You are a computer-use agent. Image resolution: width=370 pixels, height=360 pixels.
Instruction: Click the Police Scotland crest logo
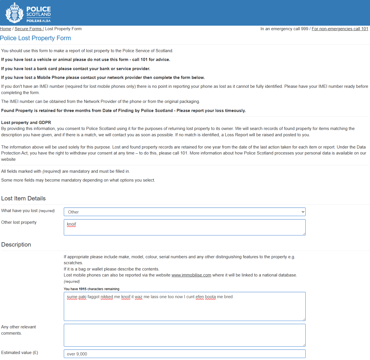click(x=14, y=13)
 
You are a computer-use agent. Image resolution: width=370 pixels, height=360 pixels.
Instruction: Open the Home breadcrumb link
click(x=5, y=29)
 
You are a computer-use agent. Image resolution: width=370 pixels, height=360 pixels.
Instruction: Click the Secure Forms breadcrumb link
click(x=28, y=29)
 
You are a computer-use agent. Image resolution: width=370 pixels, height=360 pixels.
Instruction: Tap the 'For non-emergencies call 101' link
click(x=340, y=29)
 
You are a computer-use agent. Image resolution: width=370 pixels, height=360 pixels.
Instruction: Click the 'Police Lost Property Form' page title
click(x=35, y=38)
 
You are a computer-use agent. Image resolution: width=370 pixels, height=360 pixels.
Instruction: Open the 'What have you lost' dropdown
click(x=184, y=212)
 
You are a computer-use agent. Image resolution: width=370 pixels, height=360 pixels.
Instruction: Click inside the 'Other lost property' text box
click(x=184, y=227)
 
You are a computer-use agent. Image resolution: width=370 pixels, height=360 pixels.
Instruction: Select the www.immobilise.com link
click(x=191, y=275)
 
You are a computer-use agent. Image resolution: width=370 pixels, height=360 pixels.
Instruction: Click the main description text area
click(x=184, y=306)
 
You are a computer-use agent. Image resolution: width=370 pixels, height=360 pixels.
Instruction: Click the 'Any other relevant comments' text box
click(x=184, y=335)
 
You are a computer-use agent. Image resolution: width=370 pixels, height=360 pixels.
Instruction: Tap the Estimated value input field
click(x=184, y=354)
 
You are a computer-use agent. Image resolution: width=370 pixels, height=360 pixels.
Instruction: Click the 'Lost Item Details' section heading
click(x=23, y=198)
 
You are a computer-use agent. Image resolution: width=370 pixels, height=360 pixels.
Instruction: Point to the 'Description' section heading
click(x=16, y=245)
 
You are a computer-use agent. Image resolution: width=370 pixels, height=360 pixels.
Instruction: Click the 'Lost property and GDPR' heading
click(x=26, y=123)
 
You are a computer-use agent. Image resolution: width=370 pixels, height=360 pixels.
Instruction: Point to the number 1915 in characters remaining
click(x=83, y=289)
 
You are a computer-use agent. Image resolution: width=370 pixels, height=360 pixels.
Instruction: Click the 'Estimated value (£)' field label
click(x=19, y=353)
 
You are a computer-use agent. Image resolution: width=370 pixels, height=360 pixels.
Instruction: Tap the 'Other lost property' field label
click(x=19, y=222)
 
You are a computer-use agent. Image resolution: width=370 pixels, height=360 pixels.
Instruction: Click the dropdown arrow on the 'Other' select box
click(x=303, y=212)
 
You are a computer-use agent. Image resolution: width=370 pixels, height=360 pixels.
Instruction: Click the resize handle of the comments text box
click(x=304, y=345)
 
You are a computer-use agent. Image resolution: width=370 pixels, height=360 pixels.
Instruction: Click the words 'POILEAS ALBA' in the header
click(x=38, y=21)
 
